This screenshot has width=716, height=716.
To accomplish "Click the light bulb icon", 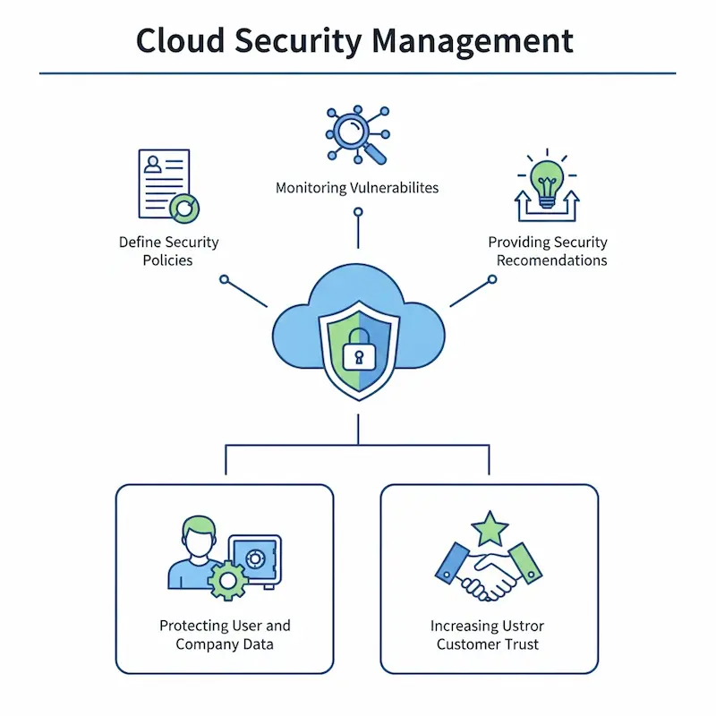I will pos(546,179).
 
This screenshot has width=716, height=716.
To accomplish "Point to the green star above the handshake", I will pos(490,530).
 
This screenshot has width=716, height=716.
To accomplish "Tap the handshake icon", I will pos(489,573).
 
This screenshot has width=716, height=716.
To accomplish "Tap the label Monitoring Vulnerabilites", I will pos(357,188).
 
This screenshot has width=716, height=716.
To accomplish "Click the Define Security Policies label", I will pos(168,251).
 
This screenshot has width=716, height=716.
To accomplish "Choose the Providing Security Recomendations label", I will pos(548,251).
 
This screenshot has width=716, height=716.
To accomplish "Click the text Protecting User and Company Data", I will pos(225,635).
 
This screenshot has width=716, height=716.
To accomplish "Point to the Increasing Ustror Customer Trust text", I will pos(488,635).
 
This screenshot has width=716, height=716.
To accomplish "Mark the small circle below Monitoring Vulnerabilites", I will pos(358,212).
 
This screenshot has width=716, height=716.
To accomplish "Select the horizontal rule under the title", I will pos(358,73).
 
